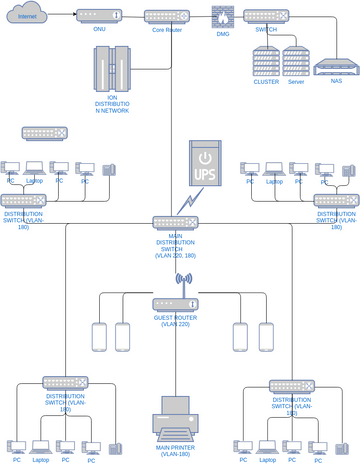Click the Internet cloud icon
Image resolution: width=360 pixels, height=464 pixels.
27,15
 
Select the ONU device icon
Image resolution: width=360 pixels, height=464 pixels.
99,17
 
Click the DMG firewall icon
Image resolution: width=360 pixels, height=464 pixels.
221,17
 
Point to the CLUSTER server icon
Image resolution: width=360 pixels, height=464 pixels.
266,61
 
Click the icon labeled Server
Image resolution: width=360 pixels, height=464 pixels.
295,61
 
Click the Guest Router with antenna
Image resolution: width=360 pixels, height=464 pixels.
175,303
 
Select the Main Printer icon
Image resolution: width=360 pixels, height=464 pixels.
176,418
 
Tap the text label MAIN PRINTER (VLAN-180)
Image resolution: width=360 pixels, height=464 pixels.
176,450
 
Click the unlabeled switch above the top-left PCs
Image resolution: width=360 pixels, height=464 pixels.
44,133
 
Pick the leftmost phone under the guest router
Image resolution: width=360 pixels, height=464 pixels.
99,337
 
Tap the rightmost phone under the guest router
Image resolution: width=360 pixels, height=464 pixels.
266,337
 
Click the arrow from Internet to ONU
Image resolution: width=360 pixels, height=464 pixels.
66,16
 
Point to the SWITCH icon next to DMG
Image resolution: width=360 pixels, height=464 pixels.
265,17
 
